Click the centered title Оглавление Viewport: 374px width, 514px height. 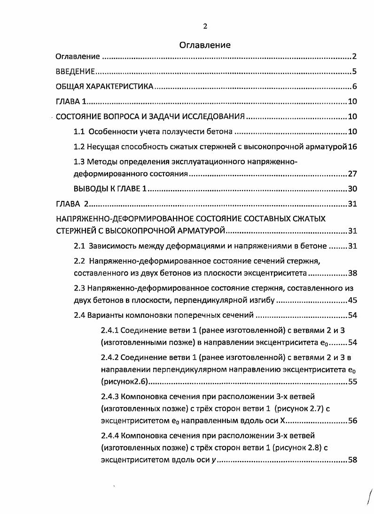click(x=205, y=45)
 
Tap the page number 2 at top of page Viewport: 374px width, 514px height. click(x=205, y=26)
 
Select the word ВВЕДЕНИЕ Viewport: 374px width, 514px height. click(x=75, y=72)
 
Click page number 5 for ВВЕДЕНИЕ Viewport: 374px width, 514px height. click(x=355, y=72)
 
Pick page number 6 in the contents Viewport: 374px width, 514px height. click(x=355, y=86)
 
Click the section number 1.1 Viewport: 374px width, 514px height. click(x=79, y=131)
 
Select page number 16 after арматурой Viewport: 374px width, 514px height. click(x=353, y=146)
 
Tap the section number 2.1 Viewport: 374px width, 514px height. click(x=79, y=246)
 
